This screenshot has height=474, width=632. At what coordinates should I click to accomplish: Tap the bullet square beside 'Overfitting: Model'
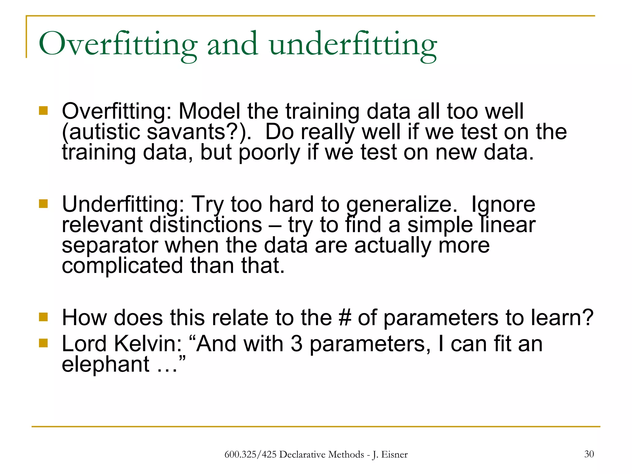[44, 110]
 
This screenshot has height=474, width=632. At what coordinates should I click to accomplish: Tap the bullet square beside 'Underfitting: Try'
[44, 204]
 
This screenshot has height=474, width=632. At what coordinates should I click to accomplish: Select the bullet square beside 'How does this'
[44, 317]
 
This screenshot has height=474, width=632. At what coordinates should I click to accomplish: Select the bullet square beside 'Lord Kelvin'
[44, 343]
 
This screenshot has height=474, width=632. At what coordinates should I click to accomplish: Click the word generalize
[401, 205]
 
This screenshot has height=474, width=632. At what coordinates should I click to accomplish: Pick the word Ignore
[503, 205]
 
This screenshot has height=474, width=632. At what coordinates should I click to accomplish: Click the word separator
[110, 246]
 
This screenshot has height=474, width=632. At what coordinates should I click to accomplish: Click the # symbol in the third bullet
[345, 318]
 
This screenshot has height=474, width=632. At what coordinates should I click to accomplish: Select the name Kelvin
[148, 344]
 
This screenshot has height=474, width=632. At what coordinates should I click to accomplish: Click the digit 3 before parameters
[296, 344]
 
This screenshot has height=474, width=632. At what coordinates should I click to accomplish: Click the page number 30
[589, 454]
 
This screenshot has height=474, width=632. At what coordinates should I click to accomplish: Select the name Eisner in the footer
[394, 455]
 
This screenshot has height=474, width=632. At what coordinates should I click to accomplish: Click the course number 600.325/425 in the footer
[250, 455]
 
